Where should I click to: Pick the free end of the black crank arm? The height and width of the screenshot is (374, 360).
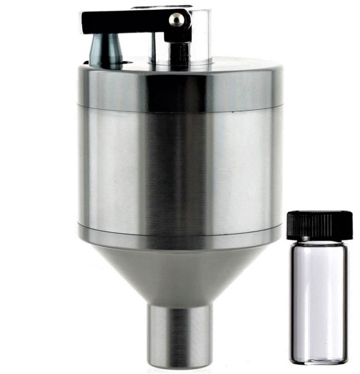point(87,22)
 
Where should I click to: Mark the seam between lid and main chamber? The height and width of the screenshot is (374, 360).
point(181,108)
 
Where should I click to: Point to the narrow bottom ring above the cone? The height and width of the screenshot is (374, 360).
point(181,237)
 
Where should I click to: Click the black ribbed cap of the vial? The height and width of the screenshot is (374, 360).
point(320,225)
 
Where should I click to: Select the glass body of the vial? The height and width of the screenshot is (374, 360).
point(320,299)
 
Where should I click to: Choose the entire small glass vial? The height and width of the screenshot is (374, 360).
point(320,287)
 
